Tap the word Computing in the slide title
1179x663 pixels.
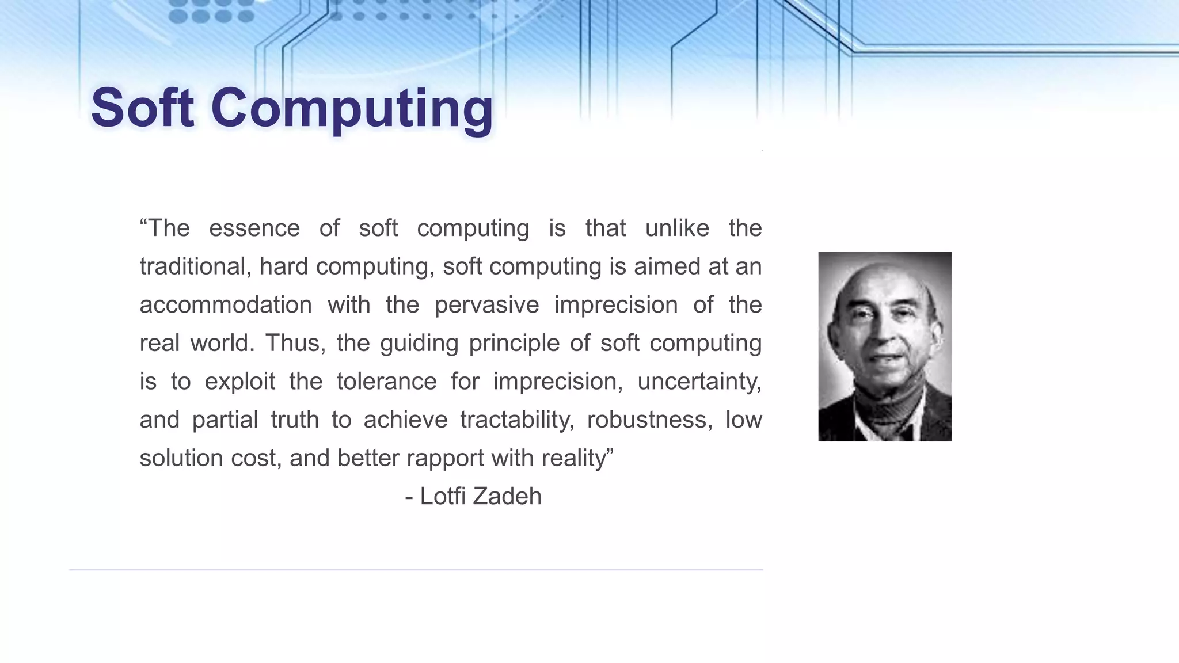[x=352, y=109]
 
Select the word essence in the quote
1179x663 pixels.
[x=254, y=228]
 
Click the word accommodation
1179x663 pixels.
[x=226, y=305]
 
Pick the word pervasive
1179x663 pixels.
[x=486, y=305]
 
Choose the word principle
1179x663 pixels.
[x=514, y=344]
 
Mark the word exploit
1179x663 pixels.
[x=239, y=382]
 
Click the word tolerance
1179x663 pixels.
[x=386, y=382]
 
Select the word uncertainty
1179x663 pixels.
[x=699, y=382]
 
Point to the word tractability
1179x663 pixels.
[x=516, y=420]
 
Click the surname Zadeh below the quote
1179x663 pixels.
[x=507, y=496]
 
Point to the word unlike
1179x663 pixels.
[x=677, y=228]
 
